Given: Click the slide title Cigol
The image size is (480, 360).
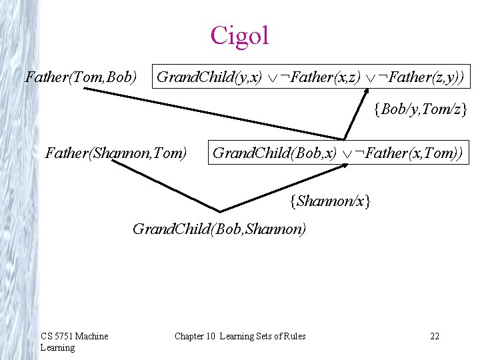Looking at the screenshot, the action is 239,35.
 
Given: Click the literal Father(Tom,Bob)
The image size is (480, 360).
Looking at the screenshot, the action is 81,77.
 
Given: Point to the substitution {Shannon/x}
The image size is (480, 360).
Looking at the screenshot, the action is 330,199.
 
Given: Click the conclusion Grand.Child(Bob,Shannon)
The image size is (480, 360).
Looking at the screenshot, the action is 220,230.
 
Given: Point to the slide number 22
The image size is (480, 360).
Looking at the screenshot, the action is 435,336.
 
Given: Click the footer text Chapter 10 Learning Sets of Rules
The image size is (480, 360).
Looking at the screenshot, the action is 240,336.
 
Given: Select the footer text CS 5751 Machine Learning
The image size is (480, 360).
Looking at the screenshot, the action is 74,341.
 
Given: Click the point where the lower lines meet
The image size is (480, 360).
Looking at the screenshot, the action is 217,209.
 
